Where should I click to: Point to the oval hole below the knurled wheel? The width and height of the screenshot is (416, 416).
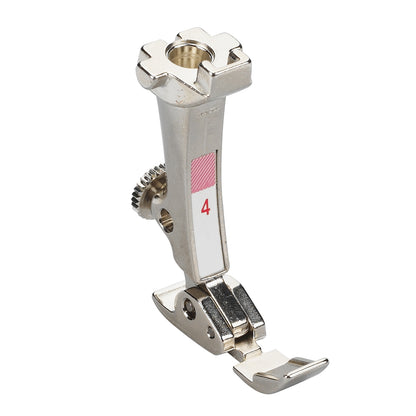[167, 225]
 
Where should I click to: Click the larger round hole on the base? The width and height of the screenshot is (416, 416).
[189, 310]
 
